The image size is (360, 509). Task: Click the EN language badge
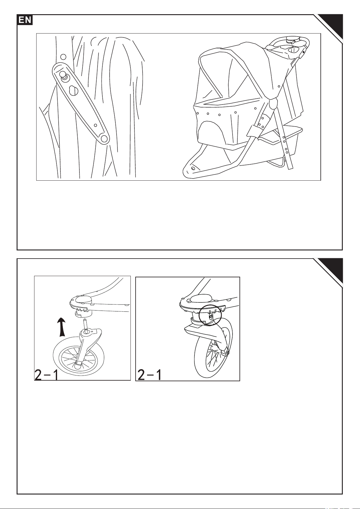coord(25,20)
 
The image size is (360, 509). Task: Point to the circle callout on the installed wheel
coord(210,315)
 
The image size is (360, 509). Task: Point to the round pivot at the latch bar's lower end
coord(104,138)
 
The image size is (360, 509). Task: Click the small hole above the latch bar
coord(64,56)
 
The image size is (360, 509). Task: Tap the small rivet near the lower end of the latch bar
coord(96,125)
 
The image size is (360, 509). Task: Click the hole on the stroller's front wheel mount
coord(193,168)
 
